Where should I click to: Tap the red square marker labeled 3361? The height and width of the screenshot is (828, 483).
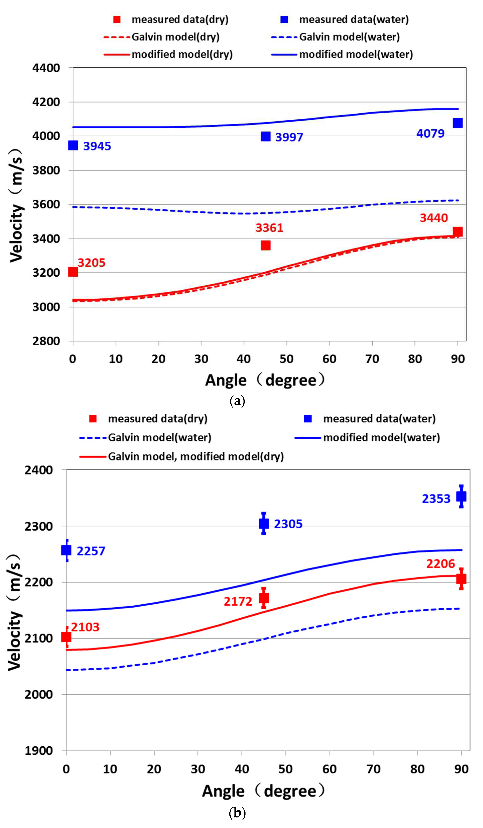[265, 245]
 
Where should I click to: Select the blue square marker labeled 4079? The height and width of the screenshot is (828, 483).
[457, 123]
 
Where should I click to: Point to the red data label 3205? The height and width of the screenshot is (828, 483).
[91, 263]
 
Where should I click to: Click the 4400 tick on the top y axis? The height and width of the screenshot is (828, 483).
[46, 68]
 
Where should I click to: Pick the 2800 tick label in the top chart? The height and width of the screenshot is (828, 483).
[46, 341]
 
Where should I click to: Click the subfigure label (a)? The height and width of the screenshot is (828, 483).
[237, 401]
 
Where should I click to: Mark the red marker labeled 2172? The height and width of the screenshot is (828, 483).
[264, 598]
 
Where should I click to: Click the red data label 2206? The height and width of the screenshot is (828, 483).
[440, 564]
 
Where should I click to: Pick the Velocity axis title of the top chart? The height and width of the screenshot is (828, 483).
[16, 205]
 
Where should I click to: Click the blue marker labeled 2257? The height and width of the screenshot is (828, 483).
[66, 550]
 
